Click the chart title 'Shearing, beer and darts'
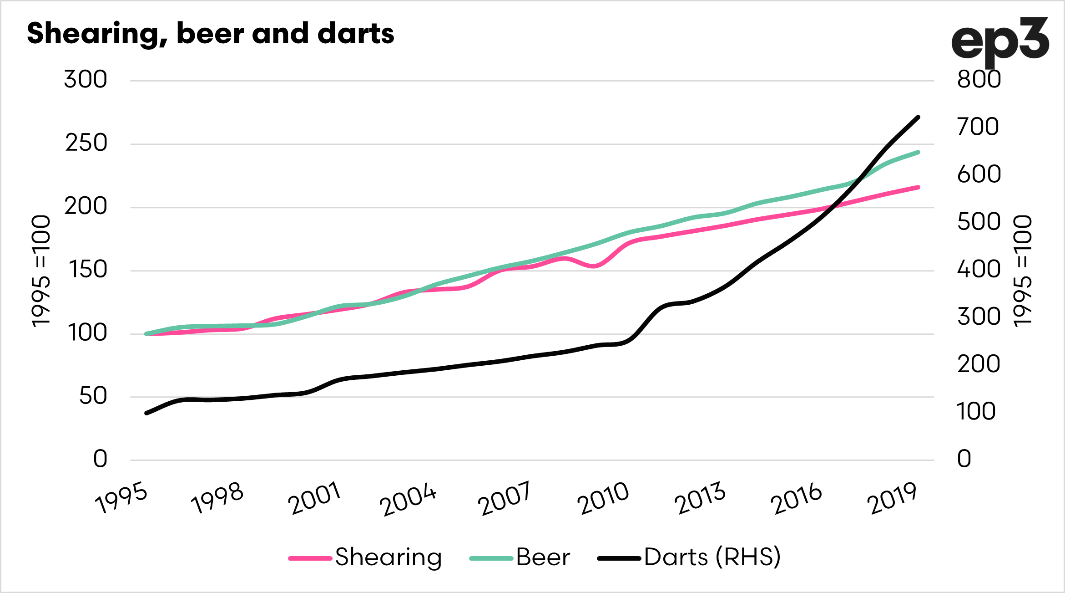click(x=210, y=34)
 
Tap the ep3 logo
click(x=999, y=42)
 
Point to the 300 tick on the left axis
click(x=86, y=80)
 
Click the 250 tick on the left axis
click(x=86, y=143)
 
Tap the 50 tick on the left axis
click(x=93, y=396)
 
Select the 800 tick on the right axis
click(x=979, y=80)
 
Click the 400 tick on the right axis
click(x=979, y=269)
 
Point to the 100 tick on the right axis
click(x=976, y=412)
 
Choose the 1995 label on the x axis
click(x=121, y=498)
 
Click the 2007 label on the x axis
click(x=504, y=498)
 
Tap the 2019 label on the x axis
click(x=892, y=498)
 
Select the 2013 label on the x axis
click(x=699, y=498)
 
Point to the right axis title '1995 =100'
click(x=1023, y=271)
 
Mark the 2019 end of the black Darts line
click(x=919, y=118)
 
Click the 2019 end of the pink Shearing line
click(x=919, y=187)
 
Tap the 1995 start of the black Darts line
click(x=146, y=413)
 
